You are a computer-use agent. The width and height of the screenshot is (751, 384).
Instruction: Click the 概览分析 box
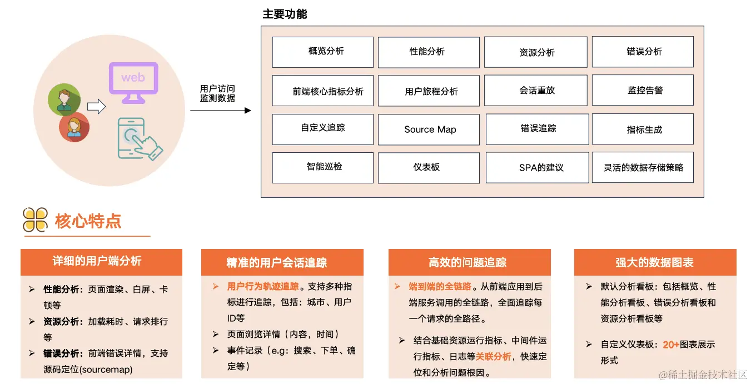pos(322,52)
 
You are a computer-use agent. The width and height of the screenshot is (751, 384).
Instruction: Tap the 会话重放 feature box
pos(536,90)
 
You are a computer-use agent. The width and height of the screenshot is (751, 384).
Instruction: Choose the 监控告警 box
pos(643,90)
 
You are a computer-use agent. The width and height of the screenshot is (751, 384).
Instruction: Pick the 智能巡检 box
pos(322,167)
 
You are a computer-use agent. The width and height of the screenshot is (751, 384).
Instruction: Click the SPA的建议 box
pos(537,167)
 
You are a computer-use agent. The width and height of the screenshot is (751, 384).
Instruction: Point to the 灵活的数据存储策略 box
pos(643,167)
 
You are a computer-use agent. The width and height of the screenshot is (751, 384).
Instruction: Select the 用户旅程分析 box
pos(429,91)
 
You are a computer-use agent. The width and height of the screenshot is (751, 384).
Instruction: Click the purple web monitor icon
pos(133,82)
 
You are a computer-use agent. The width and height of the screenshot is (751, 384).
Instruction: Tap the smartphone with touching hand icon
pos(137,138)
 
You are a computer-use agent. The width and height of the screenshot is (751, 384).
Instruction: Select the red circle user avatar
pos(74,127)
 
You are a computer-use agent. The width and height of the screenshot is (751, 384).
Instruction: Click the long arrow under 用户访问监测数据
pos(220,111)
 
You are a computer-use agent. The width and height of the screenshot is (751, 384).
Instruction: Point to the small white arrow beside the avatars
pos(96,106)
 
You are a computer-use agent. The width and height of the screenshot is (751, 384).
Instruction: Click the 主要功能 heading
pos(285,14)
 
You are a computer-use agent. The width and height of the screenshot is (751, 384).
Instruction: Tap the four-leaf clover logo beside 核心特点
pos(35,220)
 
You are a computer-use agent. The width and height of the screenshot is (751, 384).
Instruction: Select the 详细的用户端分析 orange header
pos(101,262)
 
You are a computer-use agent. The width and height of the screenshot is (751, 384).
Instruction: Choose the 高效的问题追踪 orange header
pos(469,262)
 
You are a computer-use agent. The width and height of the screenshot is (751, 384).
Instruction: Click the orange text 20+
pos(672,345)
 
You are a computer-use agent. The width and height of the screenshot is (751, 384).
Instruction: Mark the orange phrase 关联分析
pos(493,356)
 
